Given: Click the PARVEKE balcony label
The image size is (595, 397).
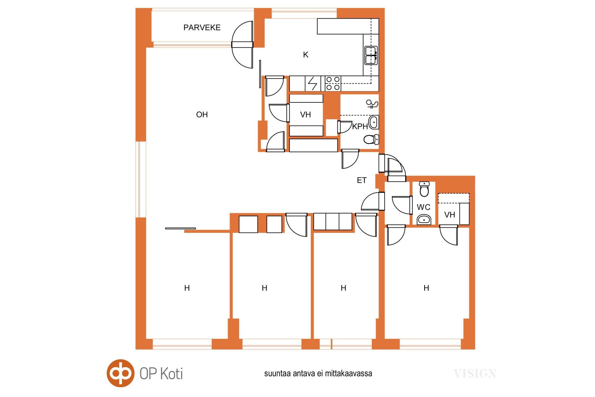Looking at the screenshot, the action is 202,28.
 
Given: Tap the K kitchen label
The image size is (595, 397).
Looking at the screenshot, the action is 306,55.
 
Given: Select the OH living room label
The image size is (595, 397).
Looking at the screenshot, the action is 202,115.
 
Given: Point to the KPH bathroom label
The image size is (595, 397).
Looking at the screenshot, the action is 360,127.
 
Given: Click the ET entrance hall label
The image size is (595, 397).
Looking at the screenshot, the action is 362,180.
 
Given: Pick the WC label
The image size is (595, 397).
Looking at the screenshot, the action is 423,207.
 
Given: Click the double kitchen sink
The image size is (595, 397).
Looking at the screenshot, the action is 371,55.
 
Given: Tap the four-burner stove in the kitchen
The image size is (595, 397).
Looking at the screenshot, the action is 333,83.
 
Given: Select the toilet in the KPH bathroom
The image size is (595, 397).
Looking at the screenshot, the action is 371,140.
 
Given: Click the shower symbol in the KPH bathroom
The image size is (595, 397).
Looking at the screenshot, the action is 372,104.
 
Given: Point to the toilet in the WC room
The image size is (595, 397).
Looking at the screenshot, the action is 424,189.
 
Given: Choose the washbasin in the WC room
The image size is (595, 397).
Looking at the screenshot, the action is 424,220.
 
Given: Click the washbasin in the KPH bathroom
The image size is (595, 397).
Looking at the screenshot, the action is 373,122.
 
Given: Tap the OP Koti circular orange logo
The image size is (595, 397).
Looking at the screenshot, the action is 121,373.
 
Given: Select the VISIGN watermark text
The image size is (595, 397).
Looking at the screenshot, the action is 475,373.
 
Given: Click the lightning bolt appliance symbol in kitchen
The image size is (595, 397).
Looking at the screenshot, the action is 313,83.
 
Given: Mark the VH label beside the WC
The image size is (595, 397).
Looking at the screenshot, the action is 450,215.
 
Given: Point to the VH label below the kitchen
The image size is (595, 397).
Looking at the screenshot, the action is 306,115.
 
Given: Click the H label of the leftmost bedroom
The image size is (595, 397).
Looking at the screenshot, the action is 187,288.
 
